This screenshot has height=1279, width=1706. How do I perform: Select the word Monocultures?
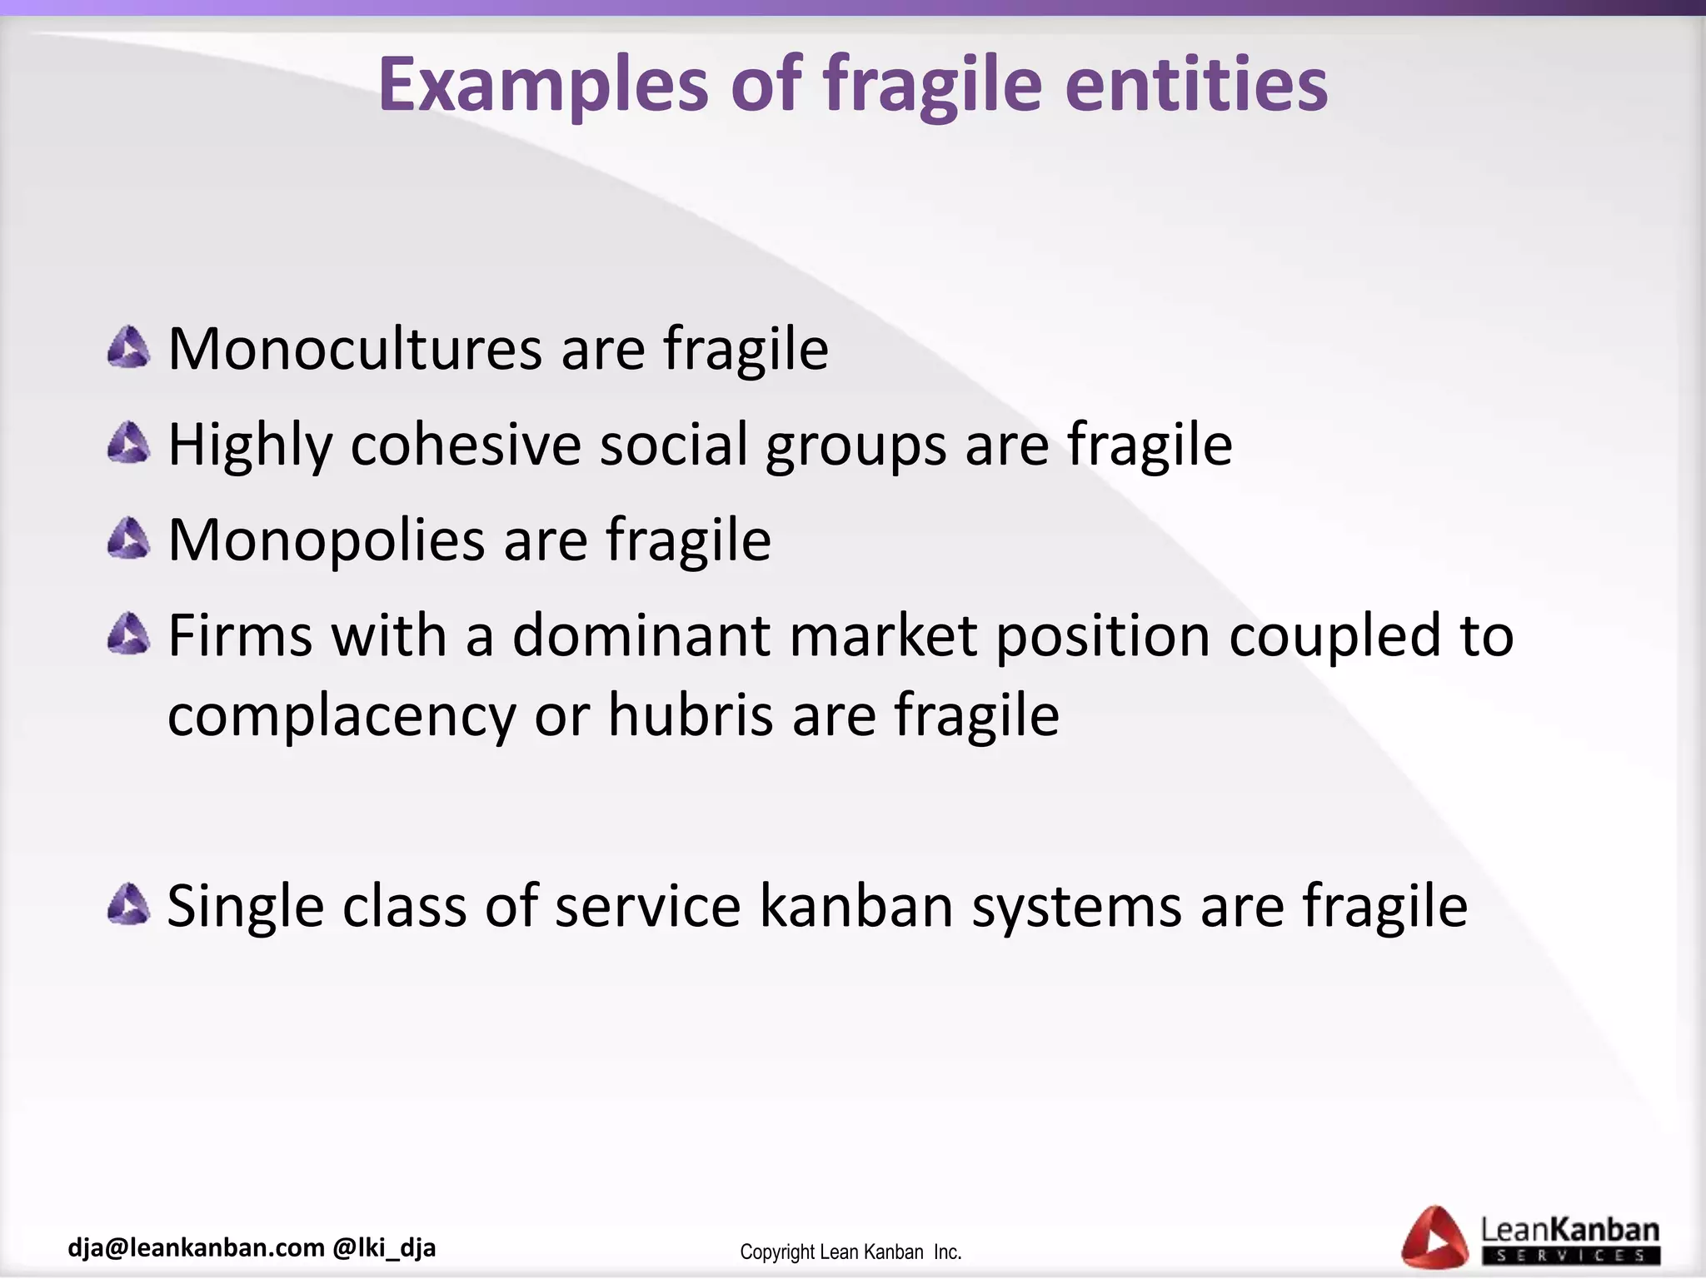355,349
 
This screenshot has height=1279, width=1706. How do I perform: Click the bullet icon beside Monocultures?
129,348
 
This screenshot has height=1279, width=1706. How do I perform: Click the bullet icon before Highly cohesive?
129,443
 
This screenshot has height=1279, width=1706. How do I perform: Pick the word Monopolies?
327,540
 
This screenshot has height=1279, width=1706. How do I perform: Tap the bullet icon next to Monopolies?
129,539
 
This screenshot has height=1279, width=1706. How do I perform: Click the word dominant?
641,635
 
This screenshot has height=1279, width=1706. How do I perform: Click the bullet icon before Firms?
129,635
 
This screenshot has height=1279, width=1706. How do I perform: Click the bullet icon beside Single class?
129,905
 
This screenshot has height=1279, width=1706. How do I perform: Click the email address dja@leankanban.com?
196,1247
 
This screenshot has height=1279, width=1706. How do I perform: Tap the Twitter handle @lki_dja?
384,1247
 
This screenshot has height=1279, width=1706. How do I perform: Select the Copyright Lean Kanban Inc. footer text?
851,1252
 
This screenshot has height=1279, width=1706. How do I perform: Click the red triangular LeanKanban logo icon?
1434,1237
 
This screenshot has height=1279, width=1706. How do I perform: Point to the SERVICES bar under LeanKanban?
1570,1256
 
